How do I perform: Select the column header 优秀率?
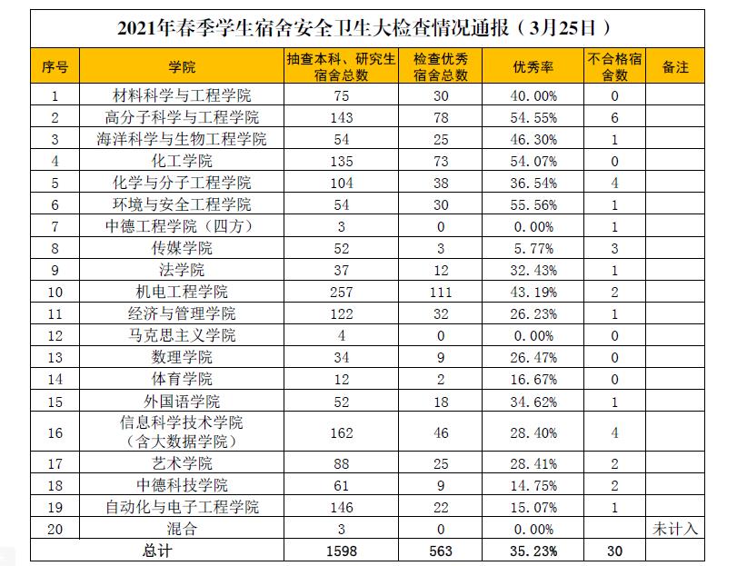click(534, 66)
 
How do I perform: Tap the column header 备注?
click(674, 66)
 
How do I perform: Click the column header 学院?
click(182, 66)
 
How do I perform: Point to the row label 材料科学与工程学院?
click(182, 95)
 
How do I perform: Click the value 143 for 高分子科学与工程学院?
click(342, 117)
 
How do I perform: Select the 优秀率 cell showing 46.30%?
click(534, 139)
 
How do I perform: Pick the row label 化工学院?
click(182, 161)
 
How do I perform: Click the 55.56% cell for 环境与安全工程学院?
click(534, 204)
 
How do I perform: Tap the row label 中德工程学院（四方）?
click(182, 226)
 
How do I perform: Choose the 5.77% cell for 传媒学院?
click(534, 248)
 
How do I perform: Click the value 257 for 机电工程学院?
click(342, 292)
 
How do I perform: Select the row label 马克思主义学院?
click(182, 335)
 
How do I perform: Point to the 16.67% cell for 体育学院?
click(534, 379)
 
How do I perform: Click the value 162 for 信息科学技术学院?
click(342, 432)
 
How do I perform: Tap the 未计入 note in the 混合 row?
click(674, 529)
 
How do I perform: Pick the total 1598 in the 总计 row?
click(342, 551)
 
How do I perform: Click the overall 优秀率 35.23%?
click(534, 551)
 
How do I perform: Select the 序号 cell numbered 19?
click(55, 507)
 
